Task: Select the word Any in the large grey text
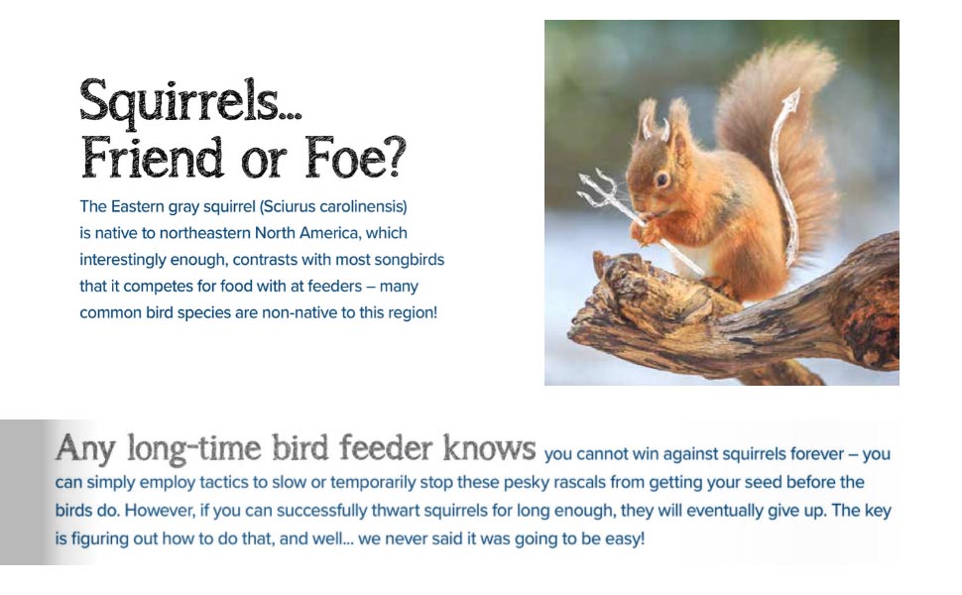[79, 448]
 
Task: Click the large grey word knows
[488, 448]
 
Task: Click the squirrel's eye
[661, 179]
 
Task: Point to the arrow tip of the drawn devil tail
[792, 101]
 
